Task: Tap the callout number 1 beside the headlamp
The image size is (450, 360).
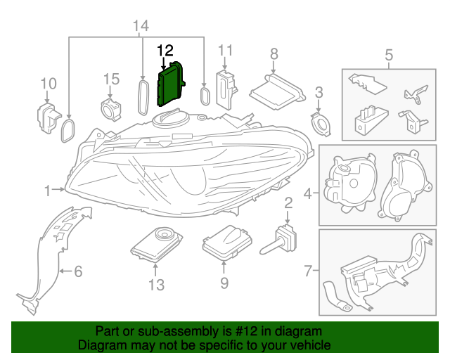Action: [x=48, y=191]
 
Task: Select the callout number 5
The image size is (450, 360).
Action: [x=389, y=54]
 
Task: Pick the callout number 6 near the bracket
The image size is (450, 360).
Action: [x=78, y=270]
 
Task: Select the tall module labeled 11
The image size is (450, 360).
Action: [x=226, y=85]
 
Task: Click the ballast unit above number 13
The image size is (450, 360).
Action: [x=156, y=243]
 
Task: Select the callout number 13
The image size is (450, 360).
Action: [x=156, y=284]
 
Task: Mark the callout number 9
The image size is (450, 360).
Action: [x=224, y=284]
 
